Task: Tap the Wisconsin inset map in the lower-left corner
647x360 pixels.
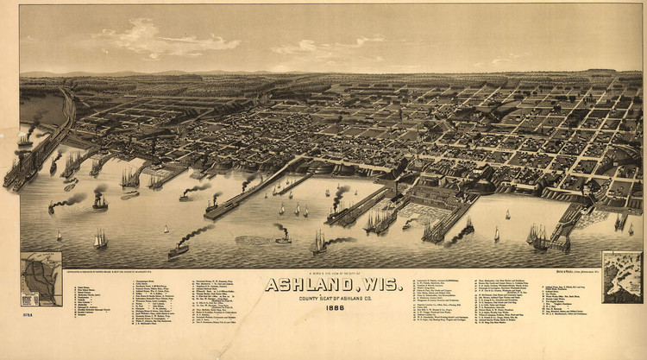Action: [x=41, y=278]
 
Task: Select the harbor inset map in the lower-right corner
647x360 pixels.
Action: [x=621, y=276]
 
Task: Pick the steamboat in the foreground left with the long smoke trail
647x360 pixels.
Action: [x=179, y=249]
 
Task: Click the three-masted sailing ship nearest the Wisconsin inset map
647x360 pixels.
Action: [x=100, y=239]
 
